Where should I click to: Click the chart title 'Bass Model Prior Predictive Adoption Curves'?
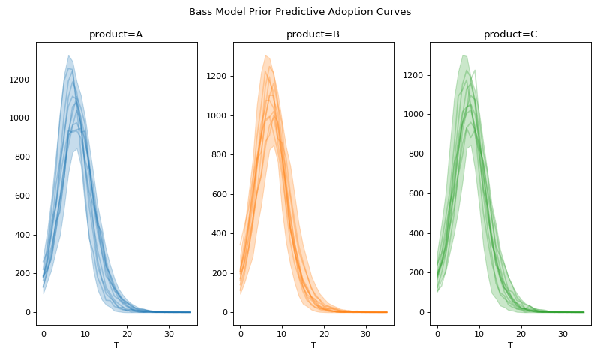(300, 12)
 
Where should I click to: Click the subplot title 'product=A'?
(116, 34)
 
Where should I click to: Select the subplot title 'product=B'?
(313, 34)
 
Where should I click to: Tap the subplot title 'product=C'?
(510, 34)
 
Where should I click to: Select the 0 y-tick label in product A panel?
(28, 312)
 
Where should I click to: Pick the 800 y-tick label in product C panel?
(417, 154)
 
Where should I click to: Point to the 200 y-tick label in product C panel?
(417, 272)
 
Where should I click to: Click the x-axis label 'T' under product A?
(116, 346)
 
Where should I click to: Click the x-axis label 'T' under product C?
(510, 346)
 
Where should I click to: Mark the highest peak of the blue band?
(68, 56)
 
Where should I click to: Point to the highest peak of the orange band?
(265, 55)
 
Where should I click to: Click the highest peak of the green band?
(463, 55)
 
